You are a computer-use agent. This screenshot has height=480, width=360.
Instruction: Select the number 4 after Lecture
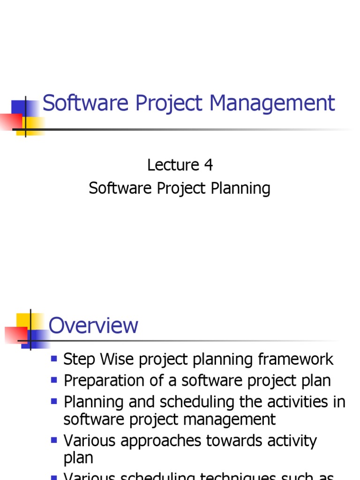(x=208, y=165)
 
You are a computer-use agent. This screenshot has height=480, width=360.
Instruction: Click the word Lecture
(x=173, y=165)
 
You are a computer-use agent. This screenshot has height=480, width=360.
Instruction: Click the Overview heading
(x=93, y=325)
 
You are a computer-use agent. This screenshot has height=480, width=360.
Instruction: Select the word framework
(x=295, y=360)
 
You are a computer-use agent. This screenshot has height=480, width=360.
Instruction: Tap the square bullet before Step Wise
(x=54, y=359)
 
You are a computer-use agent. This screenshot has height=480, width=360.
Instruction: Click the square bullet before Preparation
(x=54, y=380)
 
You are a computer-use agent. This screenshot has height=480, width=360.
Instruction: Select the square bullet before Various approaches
(x=54, y=440)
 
